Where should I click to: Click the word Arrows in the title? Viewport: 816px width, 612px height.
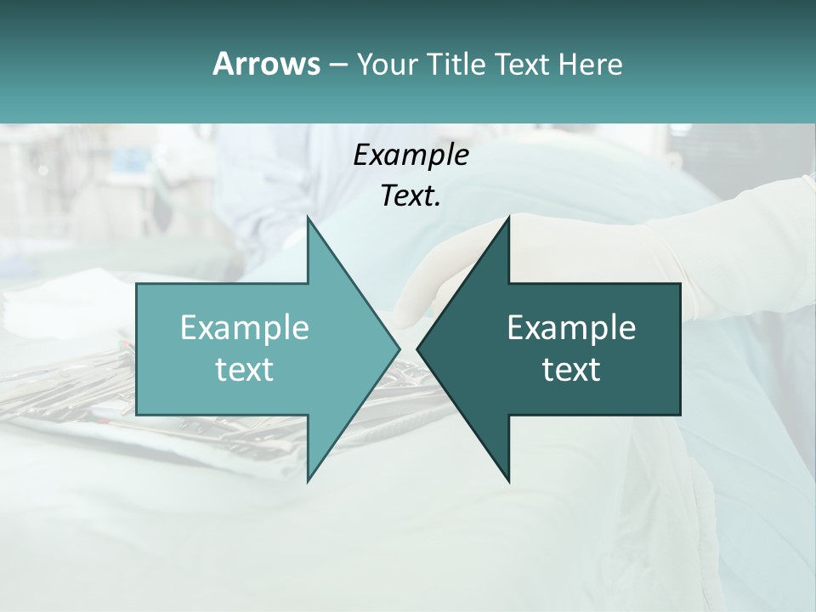click(266, 64)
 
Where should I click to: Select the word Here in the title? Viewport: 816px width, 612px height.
click(591, 64)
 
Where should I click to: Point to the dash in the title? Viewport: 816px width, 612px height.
click(338, 65)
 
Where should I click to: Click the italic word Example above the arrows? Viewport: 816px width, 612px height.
click(411, 155)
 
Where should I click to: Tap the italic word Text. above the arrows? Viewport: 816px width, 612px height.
click(411, 195)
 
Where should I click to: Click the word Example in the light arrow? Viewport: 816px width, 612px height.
click(245, 327)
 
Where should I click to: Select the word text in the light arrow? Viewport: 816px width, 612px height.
click(245, 369)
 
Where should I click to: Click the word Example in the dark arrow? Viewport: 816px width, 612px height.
click(571, 327)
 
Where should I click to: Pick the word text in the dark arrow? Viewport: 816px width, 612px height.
click(571, 369)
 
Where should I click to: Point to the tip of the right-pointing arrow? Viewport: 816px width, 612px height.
click(399, 348)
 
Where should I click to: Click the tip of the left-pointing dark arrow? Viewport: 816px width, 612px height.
click(417, 348)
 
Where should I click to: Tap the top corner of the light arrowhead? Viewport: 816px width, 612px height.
click(308, 218)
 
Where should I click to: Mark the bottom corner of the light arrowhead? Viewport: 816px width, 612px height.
click(308, 481)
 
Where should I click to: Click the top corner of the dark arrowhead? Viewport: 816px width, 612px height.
click(509, 218)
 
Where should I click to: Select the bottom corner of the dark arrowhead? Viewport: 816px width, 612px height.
click(509, 481)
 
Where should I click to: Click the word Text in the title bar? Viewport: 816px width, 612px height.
click(522, 64)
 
